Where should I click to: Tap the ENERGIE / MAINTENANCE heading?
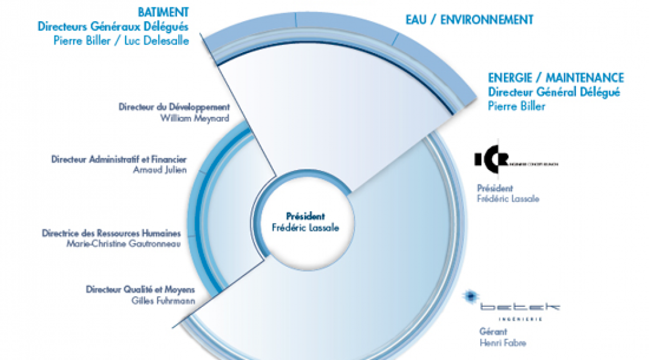556,78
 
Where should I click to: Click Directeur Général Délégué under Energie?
554,92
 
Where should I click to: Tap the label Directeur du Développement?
169,107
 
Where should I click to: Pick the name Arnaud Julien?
160,170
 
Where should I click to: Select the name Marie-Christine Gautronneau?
123,244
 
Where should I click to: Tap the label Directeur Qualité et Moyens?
141,289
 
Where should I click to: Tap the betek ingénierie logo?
511,306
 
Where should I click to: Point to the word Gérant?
488,331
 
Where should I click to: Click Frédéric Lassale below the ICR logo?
508,199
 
